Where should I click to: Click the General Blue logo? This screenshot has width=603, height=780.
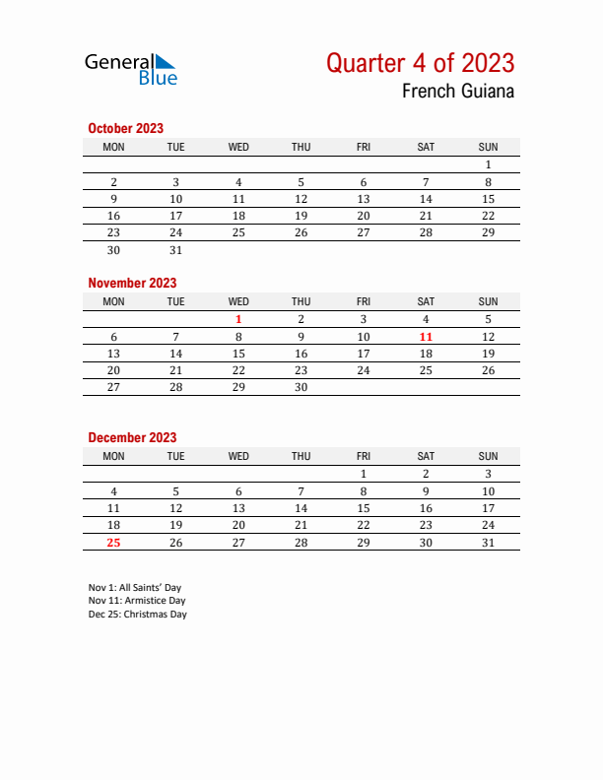(x=131, y=68)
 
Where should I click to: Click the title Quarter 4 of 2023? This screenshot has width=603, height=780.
(x=420, y=63)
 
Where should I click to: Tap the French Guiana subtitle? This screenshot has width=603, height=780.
(x=457, y=92)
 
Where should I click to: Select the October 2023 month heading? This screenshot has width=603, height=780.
(x=125, y=128)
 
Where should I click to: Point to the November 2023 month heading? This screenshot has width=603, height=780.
(x=132, y=283)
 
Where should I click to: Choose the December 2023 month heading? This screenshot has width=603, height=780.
(x=132, y=437)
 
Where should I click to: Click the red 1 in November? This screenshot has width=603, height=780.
(x=238, y=319)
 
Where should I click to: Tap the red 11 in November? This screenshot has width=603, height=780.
(x=426, y=337)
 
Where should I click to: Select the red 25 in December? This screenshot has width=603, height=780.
(x=113, y=543)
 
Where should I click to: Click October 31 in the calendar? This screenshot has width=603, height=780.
(x=175, y=250)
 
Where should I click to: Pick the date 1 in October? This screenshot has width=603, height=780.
(x=488, y=165)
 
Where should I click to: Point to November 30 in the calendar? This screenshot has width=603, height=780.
(x=301, y=388)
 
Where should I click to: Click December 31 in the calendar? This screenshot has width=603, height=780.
(x=488, y=543)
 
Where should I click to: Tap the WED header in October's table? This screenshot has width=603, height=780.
(x=238, y=147)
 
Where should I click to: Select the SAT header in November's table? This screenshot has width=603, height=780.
(x=426, y=301)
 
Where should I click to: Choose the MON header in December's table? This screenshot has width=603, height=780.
(x=113, y=456)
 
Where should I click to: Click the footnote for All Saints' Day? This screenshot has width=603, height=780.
(x=134, y=588)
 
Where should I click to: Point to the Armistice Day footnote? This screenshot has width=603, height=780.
(x=136, y=601)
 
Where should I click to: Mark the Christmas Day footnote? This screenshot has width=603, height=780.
(x=137, y=615)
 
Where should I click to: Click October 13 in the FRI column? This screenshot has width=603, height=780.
(x=363, y=199)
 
